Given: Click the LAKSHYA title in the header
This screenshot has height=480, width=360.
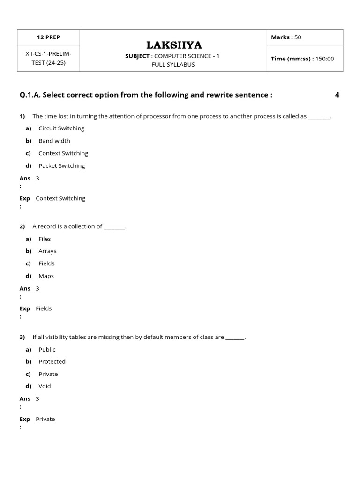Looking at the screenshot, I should coord(174,45).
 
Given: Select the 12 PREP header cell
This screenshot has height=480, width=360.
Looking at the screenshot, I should coord(49,37).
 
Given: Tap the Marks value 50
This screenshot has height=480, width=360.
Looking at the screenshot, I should coord(298,37).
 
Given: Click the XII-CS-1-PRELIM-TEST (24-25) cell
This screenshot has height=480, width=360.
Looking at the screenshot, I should coord(49,58).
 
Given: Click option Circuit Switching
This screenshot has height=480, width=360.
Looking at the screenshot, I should coord(61,128).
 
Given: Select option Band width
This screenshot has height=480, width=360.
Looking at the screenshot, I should coord(54,141).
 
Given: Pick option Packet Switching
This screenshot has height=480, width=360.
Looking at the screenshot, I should coord(62,165).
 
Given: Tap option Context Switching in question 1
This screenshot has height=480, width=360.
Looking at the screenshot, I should coord(63,153).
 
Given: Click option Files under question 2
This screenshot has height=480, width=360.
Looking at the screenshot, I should coord(45,239).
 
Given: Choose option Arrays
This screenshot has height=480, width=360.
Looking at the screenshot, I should coord(47,251).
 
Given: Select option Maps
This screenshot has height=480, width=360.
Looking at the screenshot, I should coord(46,276).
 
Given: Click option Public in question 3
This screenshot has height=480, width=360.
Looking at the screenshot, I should coord(47,350).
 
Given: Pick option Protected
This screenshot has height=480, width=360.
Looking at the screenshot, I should coord(52,362).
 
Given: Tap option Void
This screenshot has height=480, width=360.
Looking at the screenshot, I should coord(45,386).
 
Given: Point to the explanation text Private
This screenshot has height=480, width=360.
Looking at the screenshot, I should coord(45,420).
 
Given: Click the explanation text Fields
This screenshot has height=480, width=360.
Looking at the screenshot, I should coord(44,309).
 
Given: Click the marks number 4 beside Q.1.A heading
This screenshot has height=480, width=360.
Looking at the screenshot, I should coord(337,95).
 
